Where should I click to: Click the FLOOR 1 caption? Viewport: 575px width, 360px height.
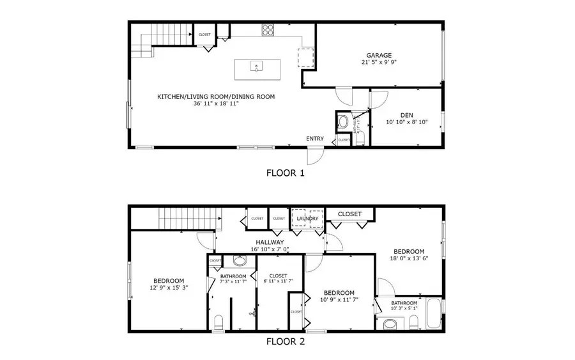pyautogui.click(x=285, y=173)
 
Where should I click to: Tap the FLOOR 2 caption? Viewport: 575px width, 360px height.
pyautogui.click(x=285, y=341)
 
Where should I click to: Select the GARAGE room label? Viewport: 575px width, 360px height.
pyautogui.click(x=379, y=55)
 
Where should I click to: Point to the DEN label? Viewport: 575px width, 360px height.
pyautogui.click(x=407, y=114)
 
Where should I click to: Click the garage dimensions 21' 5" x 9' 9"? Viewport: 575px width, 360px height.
pyautogui.click(x=379, y=63)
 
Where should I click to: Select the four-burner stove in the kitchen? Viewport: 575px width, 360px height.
pyautogui.click(x=268, y=29)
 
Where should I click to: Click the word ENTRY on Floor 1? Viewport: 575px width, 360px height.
pyautogui.click(x=314, y=139)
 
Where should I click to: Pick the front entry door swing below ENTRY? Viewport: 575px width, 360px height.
pyautogui.click(x=314, y=155)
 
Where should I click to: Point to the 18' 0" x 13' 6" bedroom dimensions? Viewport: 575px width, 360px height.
pyautogui.click(x=409, y=259)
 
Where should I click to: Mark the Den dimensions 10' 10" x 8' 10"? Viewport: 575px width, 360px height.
pyautogui.click(x=407, y=122)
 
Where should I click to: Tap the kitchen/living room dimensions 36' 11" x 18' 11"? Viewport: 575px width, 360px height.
pyautogui.click(x=216, y=104)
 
